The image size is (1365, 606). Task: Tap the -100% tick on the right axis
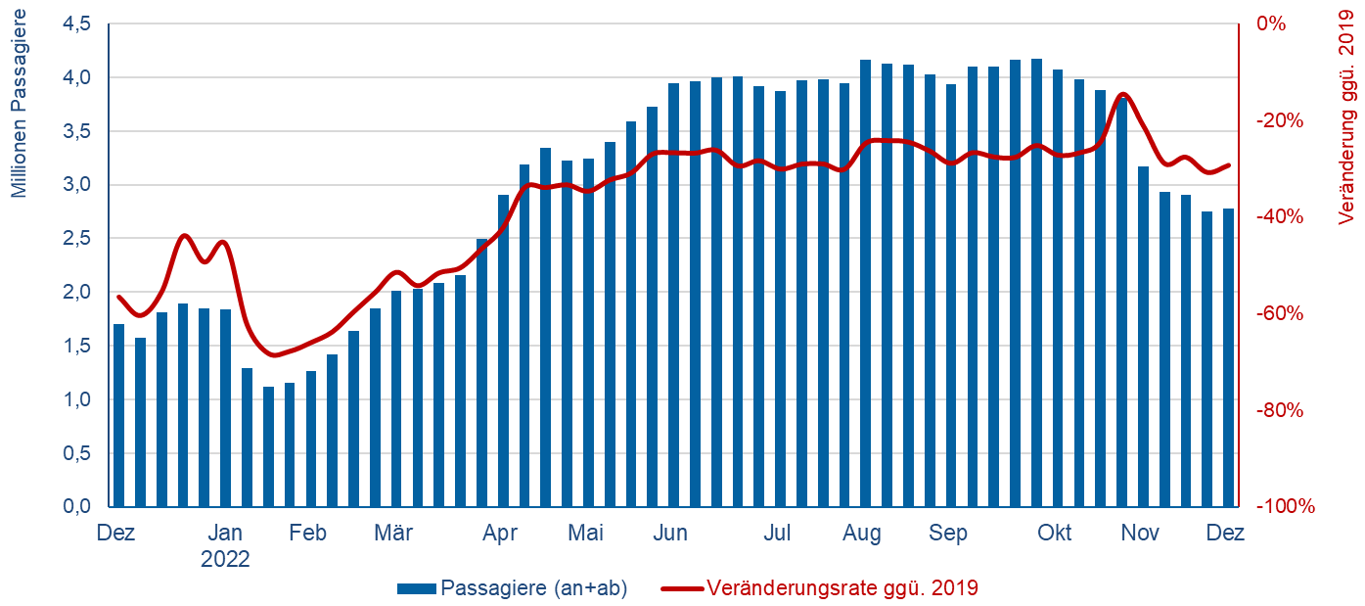tap(1281, 507)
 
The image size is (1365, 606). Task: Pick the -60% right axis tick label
tap(1277, 314)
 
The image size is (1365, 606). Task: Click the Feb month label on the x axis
tap(307, 534)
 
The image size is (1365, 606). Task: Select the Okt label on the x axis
tap(1055, 534)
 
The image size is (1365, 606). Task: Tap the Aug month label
tap(861, 534)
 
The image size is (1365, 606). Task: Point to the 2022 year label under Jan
tap(225, 560)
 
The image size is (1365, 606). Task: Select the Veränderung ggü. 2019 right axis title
tap(1346, 128)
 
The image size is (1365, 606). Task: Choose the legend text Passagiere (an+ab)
tap(533, 588)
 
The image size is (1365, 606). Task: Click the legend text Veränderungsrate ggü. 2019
tap(842, 588)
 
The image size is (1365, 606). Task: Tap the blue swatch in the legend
tap(417, 589)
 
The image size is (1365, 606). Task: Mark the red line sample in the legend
tap(682, 589)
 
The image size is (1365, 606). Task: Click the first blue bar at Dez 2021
tap(119, 416)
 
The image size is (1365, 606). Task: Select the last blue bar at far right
tap(1228, 358)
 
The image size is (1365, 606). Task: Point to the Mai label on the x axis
tap(586, 534)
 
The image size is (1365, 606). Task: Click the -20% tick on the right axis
tap(1277, 120)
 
